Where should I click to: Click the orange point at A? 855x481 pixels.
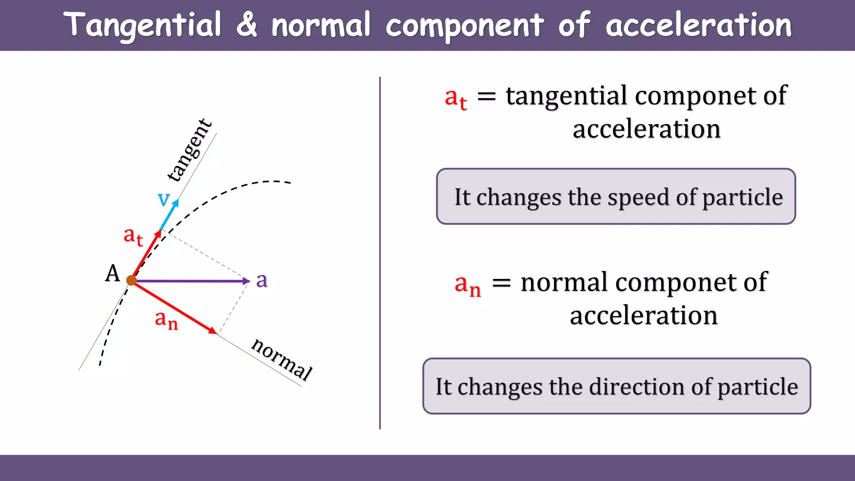[x=132, y=280]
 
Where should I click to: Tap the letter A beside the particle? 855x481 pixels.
[x=112, y=274]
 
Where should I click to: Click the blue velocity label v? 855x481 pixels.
[x=164, y=199]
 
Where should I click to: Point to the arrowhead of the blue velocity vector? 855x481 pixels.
[x=176, y=203]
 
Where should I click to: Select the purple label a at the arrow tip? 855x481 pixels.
[x=262, y=280]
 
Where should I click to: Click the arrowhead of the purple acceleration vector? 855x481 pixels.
[x=247, y=281]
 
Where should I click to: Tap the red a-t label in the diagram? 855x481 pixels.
[x=133, y=236]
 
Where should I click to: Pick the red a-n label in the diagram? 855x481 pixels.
[x=166, y=320]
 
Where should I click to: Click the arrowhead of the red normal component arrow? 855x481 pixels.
[x=213, y=331]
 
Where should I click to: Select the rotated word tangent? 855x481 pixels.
[x=190, y=150]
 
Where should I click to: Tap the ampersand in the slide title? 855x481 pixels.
[x=247, y=24]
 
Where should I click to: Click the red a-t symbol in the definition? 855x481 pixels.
[x=455, y=99]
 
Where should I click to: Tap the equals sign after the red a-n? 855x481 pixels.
[x=501, y=283]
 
